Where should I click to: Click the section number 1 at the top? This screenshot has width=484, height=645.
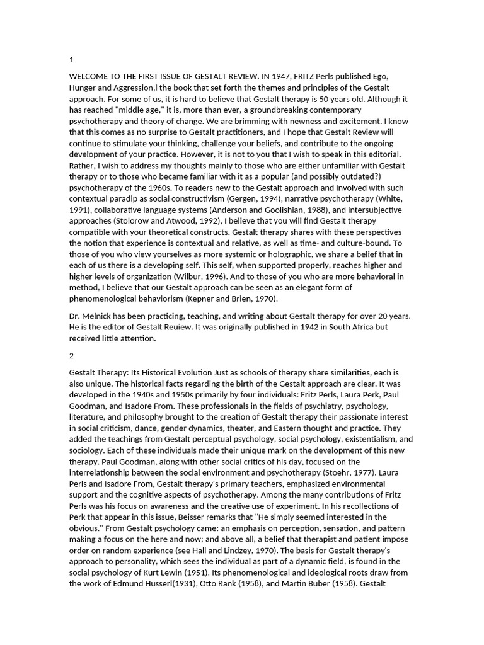point(72,60)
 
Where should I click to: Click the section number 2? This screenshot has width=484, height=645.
point(72,355)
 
